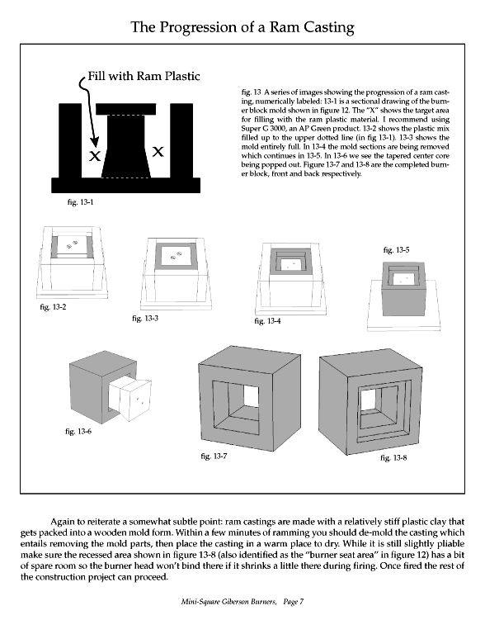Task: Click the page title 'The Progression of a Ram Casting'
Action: coord(242,27)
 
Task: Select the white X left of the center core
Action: coord(97,155)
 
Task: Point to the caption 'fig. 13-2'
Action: coord(52,307)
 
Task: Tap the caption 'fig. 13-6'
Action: coord(79,430)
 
